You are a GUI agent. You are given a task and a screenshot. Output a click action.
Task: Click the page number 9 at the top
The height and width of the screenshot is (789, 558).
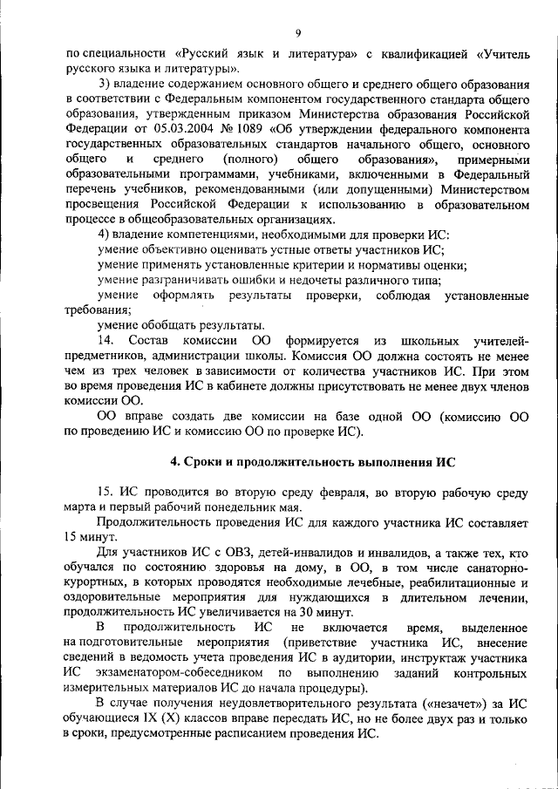[297, 33]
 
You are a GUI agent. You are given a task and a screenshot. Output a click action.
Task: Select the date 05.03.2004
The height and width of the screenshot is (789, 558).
[180, 128]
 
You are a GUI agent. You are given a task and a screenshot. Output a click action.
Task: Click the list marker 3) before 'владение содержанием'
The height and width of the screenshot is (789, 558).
[104, 83]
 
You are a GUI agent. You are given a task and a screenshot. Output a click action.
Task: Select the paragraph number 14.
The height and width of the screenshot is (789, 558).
[105, 340]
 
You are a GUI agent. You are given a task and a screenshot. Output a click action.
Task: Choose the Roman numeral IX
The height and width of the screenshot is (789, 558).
[152, 719]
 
